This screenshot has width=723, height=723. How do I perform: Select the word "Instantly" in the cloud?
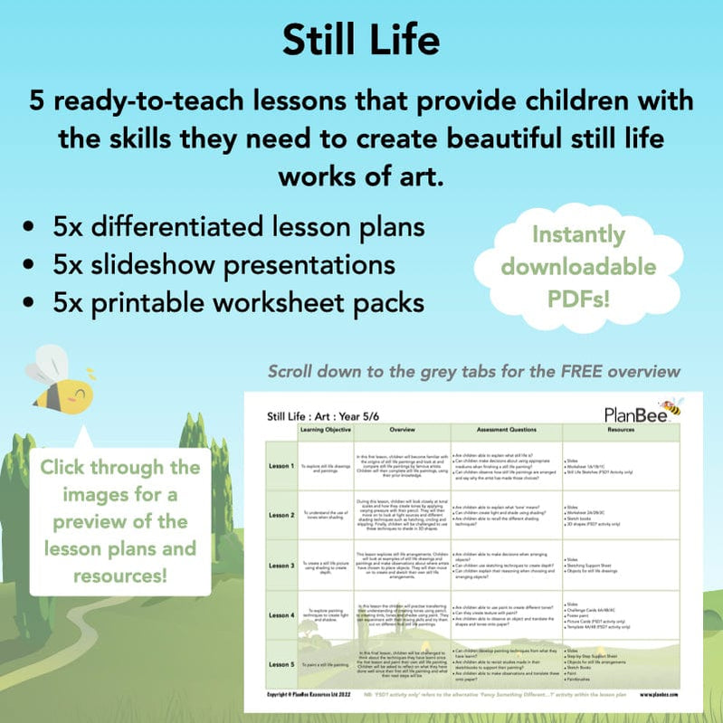pos(578,235)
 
